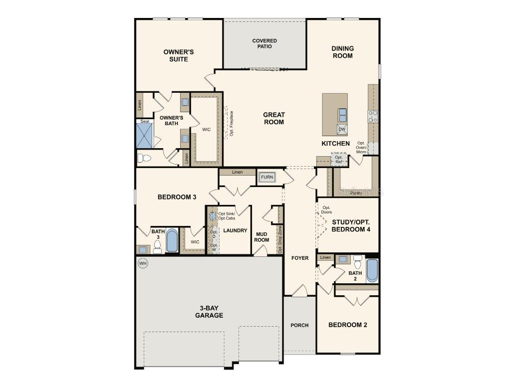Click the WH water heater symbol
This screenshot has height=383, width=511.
[143, 263]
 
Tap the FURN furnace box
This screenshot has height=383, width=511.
[267, 177]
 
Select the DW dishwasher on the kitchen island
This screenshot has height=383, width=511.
[342, 129]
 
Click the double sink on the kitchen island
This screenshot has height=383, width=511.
[342, 115]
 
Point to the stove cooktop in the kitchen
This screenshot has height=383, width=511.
[373, 116]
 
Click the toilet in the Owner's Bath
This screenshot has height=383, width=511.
[144, 158]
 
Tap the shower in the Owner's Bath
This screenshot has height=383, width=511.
[144, 136]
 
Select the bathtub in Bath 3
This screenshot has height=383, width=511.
[172, 240]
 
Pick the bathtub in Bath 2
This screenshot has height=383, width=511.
[372, 270]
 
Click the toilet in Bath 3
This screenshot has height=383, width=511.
[158, 246]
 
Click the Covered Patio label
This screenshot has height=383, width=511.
[264, 43]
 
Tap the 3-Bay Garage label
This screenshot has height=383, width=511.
[209, 312]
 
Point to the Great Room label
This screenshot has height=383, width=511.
[274, 118]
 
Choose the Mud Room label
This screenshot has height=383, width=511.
[261, 236]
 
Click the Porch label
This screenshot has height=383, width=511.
[299, 325]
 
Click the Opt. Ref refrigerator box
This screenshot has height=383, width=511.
[339, 159]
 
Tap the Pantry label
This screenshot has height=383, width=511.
[356, 193]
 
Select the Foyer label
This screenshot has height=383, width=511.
[299, 258]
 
